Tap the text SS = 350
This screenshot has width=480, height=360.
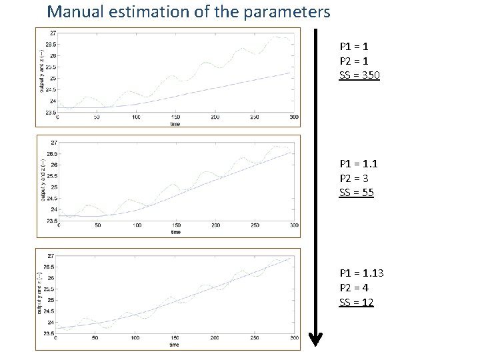[x=359, y=75]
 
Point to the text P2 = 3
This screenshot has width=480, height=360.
[x=354, y=179]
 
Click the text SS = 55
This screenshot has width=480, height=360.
[x=357, y=193]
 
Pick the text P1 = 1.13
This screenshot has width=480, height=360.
[x=361, y=274]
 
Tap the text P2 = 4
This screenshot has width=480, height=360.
[x=354, y=288]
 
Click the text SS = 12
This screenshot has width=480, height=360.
[x=357, y=303]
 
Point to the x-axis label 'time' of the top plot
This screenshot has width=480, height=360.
[x=175, y=124]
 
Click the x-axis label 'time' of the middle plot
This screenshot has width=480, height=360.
[x=175, y=232]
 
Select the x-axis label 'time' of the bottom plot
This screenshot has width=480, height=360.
[x=174, y=345]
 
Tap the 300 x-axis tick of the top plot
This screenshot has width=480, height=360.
[x=293, y=117]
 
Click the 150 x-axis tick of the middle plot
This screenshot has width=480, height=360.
[x=175, y=225]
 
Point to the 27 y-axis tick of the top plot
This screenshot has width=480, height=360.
[x=52, y=33]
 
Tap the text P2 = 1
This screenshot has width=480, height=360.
[x=354, y=61]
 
